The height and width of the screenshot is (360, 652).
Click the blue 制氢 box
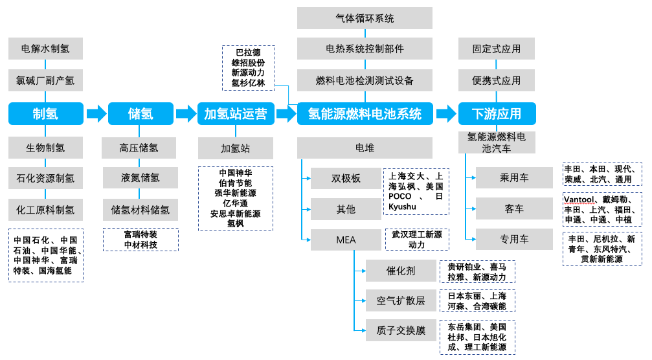coord(46,113)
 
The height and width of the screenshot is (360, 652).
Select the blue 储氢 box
coord(141,113)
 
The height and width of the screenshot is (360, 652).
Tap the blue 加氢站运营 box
coord(236,113)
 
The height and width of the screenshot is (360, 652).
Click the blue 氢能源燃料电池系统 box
coord(365,113)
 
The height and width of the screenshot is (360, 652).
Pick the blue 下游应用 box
coord(497,113)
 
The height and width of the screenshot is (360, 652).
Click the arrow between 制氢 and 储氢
coord(96,113)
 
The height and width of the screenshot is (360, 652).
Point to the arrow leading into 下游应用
coord(445,113)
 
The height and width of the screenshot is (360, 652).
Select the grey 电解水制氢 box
coord(45,49)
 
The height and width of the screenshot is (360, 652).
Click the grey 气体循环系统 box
coord(365,18)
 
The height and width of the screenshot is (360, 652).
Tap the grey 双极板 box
coord(346,178)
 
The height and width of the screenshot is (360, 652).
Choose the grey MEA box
coord(346,240)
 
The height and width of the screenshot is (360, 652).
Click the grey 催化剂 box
coord(401,271)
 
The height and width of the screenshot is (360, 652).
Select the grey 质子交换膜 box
coord(401,330)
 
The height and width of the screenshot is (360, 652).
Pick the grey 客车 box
coord(514,208)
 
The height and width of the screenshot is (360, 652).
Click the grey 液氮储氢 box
coord(141,178)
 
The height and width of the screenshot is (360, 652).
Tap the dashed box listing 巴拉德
coord(249,68)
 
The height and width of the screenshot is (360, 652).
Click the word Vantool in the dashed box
coord(579,199)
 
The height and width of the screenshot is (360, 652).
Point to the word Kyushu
coord(402,207)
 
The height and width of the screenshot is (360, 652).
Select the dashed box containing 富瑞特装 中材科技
coord(141,240)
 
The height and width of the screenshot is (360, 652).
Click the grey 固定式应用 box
coord(497,49)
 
